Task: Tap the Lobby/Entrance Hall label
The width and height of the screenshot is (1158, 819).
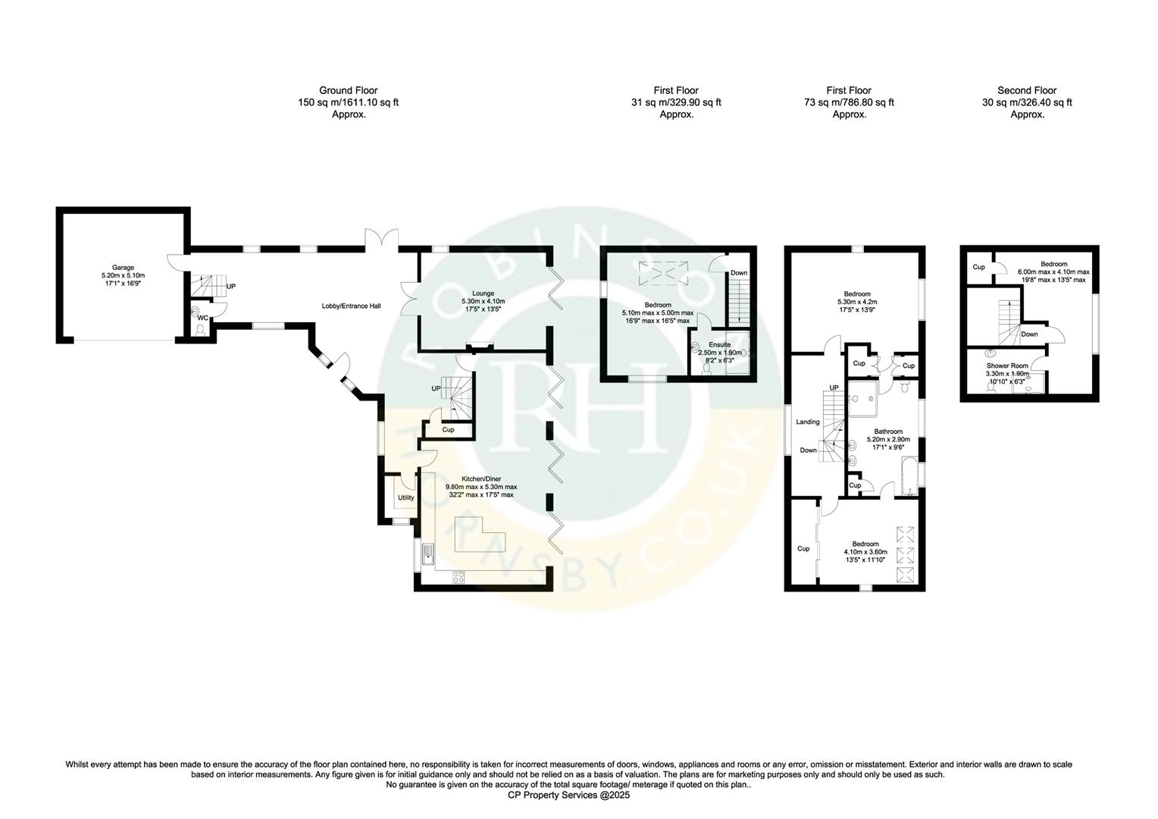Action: pos(351,306)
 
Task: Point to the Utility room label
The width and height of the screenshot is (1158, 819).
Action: pos(406,498)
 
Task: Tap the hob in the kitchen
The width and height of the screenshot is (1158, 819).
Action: pos(459,577)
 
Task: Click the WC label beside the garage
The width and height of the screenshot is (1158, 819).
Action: pos(202,318)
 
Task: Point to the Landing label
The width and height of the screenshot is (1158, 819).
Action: pos(807,422)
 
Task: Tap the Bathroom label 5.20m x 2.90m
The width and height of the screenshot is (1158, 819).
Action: pos(887,431)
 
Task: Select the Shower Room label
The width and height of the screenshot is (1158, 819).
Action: pos(1006,365)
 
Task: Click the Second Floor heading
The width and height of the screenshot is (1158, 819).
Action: pos(1027,90)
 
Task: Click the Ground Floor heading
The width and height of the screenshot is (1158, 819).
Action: pos(348,90)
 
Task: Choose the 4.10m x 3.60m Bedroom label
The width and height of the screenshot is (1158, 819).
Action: pos(865,544)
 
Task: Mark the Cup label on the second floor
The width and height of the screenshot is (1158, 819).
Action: pos(978,267)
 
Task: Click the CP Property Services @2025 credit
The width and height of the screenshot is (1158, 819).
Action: pos(568,795)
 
